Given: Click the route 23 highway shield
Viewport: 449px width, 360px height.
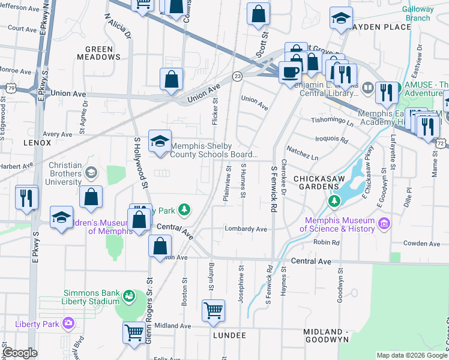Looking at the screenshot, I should tap(238, 76).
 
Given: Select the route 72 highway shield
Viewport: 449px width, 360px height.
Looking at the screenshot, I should tap(442, 144).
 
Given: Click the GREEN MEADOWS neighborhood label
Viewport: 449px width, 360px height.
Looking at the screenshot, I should tap(99, 53).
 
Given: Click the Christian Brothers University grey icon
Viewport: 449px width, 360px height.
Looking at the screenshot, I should tap(91, 173).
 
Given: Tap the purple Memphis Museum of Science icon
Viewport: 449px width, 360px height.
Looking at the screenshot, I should tap(384, 224).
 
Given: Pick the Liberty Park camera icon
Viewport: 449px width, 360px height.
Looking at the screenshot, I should tap(68, 323).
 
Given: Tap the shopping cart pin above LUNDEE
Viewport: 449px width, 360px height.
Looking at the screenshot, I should tap(213, 311).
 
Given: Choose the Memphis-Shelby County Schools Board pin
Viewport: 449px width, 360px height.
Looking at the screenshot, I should tap(160, 142).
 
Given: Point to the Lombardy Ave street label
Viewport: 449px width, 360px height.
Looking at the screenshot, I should tap(246, 229).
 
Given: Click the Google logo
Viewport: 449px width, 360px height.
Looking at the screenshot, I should tap(20, 353).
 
